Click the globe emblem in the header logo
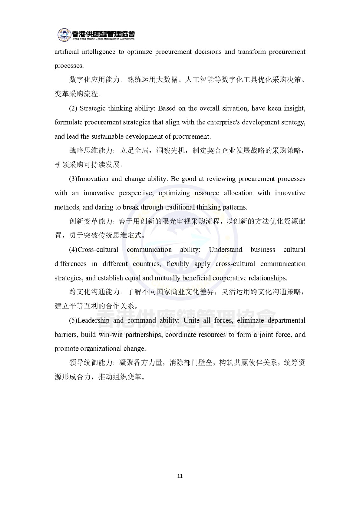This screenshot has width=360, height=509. [64, 35]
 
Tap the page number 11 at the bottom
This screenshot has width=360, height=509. [180, 476]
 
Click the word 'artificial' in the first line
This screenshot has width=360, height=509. [66, 52]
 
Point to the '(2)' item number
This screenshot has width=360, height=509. [73, 108]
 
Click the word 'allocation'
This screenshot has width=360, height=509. [238, 193]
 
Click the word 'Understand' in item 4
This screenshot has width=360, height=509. [225, 250]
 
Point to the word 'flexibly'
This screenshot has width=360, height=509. [178, 264]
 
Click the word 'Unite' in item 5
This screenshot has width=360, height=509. [191, 321]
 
